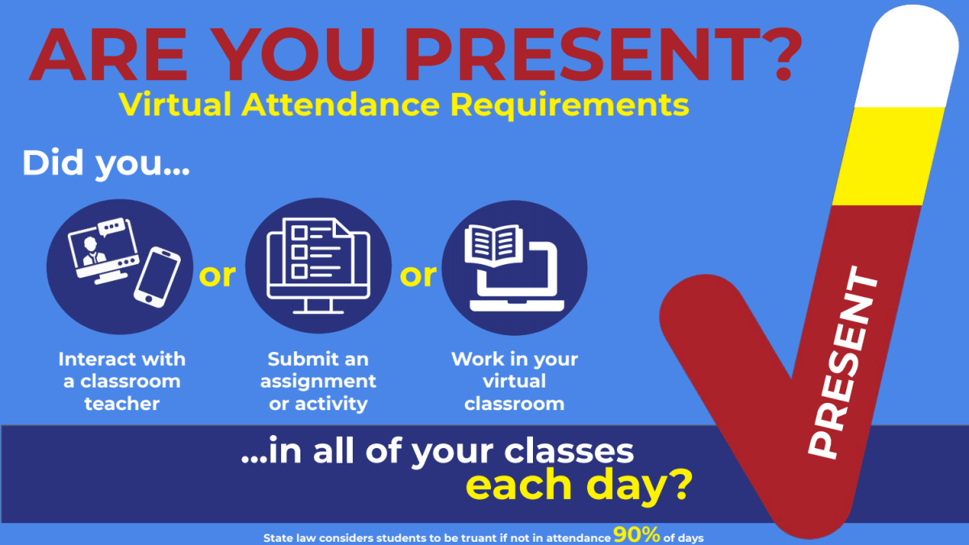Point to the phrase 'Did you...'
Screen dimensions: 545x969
point(106,164)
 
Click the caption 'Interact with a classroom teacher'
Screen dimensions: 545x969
point(122,381)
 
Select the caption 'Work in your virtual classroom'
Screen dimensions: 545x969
point(514,381)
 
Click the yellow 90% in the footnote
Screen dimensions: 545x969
point(637,535)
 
